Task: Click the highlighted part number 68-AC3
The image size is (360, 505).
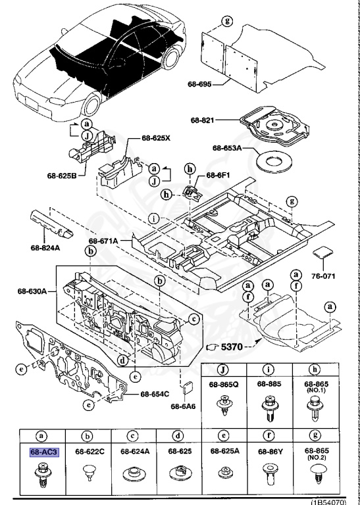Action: click(x=44, y=452)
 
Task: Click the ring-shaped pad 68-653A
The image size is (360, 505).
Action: click(x=273, y=158)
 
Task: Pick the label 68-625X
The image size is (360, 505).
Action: click(x=155, y=139)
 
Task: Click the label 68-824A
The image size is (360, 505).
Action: click(x=45, y=249)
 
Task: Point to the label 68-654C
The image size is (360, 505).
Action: click(x=155, y=394)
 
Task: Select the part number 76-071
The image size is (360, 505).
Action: click(x=322, y=276)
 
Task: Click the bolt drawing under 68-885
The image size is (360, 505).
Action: click(x=269, y=408)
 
